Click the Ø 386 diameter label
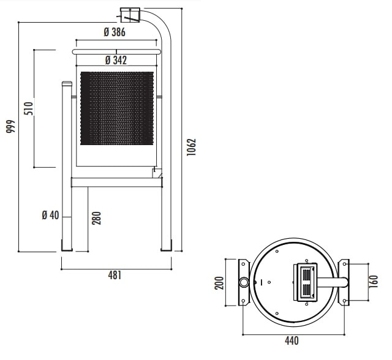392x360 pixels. coord(115,32)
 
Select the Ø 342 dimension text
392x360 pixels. coord(116,60)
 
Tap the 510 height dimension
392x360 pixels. coord(29,108)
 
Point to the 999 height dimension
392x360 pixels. coord(11,126)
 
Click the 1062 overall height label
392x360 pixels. coord(192,147)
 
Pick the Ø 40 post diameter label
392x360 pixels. coord(50,215)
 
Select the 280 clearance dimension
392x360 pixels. coord(97,218)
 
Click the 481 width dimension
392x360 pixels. coord(115,276)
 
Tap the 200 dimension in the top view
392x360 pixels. coord(219,283)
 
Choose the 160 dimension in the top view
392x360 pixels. coord(374,282)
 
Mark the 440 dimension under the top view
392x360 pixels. coord(292,340)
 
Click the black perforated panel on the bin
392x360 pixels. coord(117,108)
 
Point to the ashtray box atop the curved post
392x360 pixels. coord(130,15)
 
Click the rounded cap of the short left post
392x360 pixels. coord(67,83)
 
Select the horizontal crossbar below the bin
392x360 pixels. coord(117,182)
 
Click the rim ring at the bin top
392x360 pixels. coord(116,52)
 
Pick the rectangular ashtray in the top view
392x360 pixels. coord(305,282)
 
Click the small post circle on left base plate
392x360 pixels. coord(244,282)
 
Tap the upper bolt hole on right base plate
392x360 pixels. coord(344,264)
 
